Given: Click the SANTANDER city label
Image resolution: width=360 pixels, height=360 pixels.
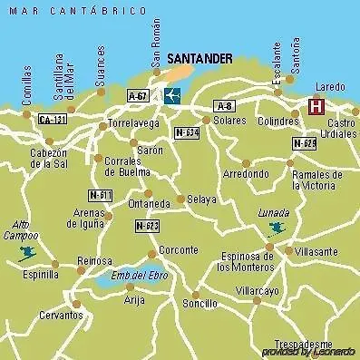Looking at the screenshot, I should [x=199, y=58].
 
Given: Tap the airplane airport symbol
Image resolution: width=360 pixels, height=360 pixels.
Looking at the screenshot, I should [x=171, y=95].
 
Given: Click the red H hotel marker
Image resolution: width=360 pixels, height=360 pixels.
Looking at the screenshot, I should [x=316, y=107].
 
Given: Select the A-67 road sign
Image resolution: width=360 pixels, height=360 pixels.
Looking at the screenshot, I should [x=138, y=94].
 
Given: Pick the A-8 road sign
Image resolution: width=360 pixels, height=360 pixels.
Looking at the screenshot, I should [x=225, y=106].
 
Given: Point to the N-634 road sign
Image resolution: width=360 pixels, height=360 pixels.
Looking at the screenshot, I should [x=186, y=131].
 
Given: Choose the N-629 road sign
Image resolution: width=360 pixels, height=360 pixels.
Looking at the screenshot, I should [x=304, y=143].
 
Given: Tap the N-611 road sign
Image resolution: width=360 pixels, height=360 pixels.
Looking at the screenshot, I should [x=100, y=195].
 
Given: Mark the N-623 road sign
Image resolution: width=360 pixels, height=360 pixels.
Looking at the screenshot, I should [x=147, y=225].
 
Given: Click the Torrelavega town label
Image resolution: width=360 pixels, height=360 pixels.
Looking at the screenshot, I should [x=133, y=122].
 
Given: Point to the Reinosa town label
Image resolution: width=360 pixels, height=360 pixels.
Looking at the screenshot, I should [x=94, y=260].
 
